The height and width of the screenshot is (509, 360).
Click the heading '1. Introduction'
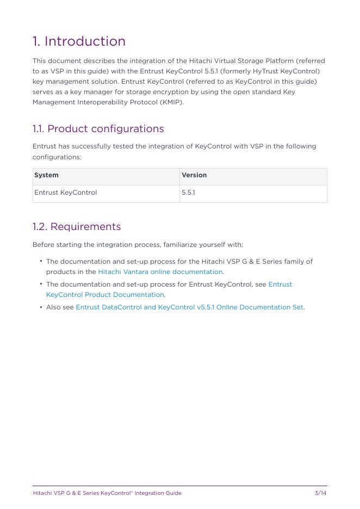pos(79,41)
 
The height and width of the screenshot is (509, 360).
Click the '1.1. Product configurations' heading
pos(98,129)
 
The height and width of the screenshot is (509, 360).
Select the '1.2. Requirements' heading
pos(77,227)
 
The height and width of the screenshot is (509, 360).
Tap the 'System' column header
pos(47,175)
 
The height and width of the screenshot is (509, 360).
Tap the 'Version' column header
pos(194,175)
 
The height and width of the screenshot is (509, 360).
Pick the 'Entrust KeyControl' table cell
pos(66,193)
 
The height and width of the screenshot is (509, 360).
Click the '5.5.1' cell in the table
pos(188,193)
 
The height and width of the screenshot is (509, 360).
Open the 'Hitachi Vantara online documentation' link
pos(160,272)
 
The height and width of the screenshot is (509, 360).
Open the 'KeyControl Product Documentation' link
pos(105,295)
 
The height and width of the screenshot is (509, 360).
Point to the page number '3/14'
pos(320,493)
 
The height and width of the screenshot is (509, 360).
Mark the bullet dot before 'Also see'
pos(41,307)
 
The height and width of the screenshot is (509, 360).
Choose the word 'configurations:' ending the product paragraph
pos(57,157)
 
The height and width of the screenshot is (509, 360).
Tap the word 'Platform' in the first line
pos(277,61)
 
